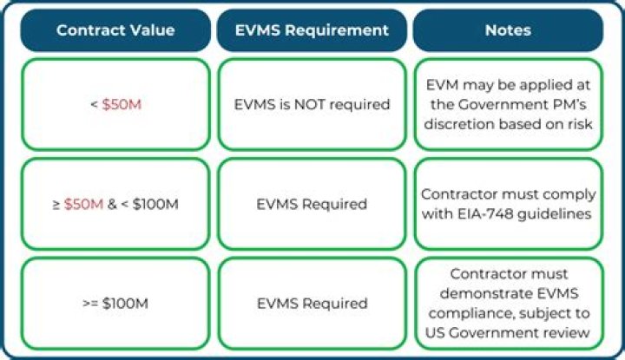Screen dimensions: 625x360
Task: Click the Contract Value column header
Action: click(115, 30)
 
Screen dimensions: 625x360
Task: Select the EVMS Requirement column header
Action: click(312, 30)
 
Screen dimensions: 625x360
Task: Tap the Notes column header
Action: click(508, 30)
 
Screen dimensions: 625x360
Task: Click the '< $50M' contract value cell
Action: click(115, 105)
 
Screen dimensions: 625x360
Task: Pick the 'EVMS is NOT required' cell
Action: click(312, 105)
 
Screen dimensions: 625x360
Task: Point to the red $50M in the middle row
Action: click(83, 205)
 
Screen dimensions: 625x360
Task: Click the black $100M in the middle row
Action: click(155, 205)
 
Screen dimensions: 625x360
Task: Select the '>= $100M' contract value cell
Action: click(115, 304)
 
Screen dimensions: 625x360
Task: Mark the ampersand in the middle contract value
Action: click(112, 205)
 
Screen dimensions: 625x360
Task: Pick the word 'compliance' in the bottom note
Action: click(467, 313)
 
